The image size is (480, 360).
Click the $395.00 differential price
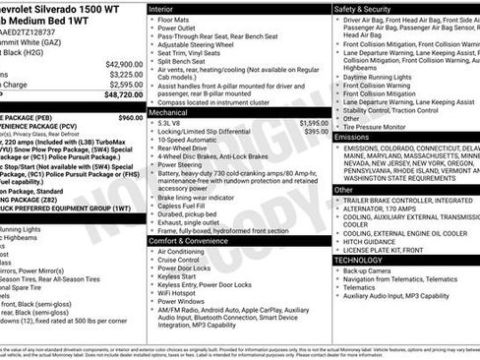[x=316, y=132]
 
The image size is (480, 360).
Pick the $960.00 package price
[x=131, y=117]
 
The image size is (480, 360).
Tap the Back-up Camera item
[x=372, y=270]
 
